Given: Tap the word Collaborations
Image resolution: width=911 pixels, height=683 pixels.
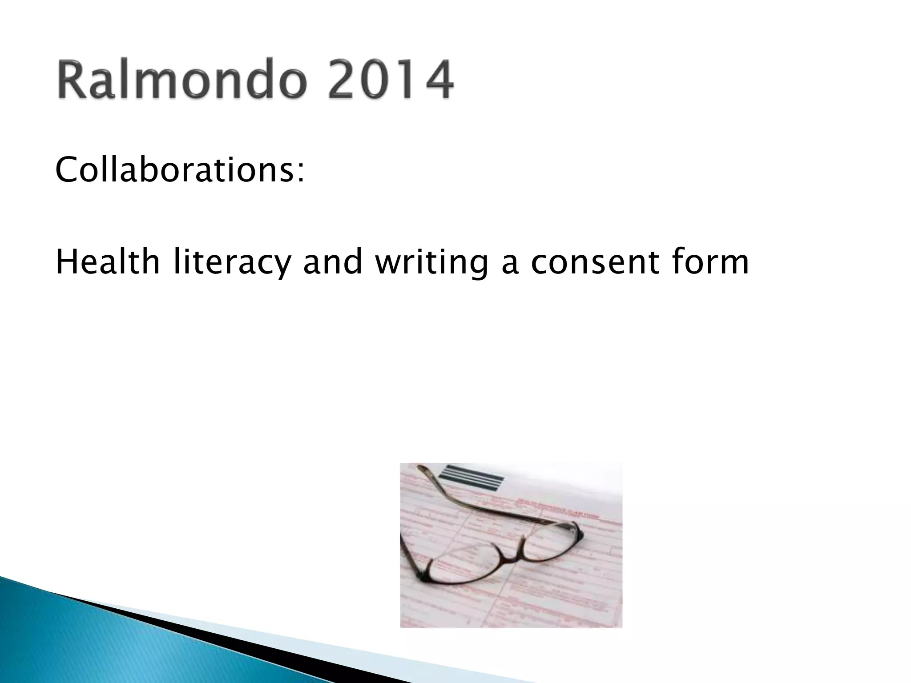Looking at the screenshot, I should pos(176,170).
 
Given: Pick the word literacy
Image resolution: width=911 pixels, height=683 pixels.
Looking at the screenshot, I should pos(231,263).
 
